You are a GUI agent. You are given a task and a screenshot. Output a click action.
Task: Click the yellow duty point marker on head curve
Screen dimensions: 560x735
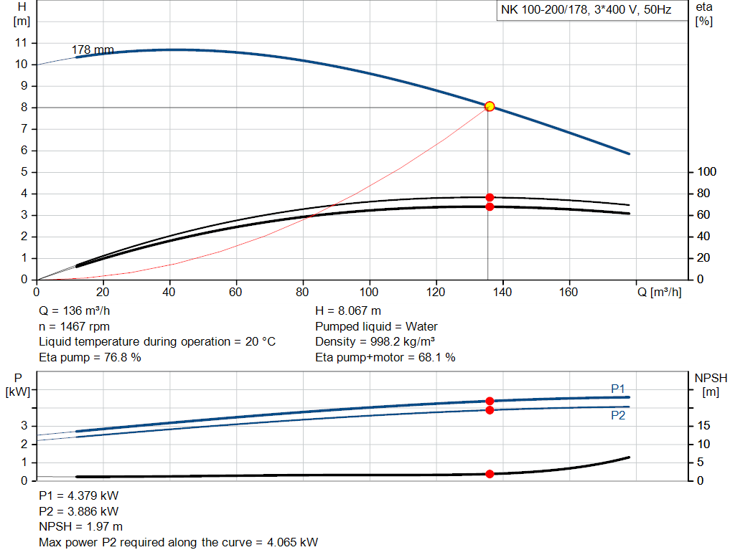click(x=490, y=106)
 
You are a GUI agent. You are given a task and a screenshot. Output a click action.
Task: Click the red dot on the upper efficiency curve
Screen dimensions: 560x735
click(x=490, y=197)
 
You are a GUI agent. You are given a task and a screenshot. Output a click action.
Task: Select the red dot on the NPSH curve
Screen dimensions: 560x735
click(x=490, y=474)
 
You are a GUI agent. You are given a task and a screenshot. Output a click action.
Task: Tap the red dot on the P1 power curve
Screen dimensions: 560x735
click(x=490, y=401)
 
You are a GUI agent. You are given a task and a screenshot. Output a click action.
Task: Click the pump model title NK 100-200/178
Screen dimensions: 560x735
click(x=586, y=11)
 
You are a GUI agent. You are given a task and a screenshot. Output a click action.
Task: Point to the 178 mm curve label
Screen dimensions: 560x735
click(x=93, y=49)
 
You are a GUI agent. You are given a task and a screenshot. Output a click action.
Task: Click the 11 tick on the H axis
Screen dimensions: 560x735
click(x=21, y=43)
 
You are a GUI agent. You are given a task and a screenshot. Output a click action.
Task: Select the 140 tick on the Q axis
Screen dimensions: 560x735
click(x=502, y=293)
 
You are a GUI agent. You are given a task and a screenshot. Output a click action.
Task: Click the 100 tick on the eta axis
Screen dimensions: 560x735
click(x=707, y=172)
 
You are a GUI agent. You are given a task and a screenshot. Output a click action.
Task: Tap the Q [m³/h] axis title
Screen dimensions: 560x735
click(x=658, y=293)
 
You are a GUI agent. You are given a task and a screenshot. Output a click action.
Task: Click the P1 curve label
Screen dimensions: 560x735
click(x=618, y=389)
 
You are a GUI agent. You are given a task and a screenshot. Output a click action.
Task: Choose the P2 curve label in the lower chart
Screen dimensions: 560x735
click(x=618, y=415)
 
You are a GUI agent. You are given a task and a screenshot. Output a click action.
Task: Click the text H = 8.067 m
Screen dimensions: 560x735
click(x=348, y=311)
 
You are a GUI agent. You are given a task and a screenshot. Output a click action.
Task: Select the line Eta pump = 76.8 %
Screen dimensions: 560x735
click(x=90, y=357)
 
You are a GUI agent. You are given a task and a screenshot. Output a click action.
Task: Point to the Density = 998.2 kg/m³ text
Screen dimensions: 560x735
click(x=375, y=342)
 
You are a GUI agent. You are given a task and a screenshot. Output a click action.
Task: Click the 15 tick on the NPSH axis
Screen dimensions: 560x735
click(x=706, y=426)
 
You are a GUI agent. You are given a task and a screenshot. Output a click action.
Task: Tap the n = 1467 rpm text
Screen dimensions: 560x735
click(x=74, y=326)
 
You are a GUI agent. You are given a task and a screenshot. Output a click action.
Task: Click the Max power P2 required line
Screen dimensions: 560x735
click(x=178, y=543)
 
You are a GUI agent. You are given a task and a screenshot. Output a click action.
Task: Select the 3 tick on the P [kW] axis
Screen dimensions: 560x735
click(x=24, y=426)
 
